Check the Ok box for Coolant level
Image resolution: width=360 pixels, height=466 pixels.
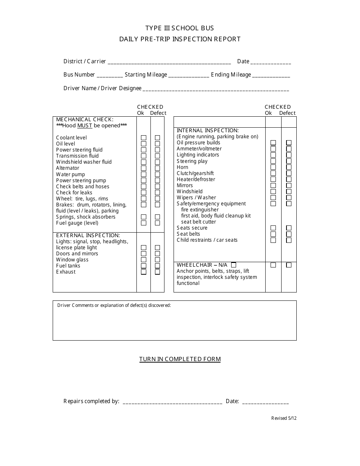144,138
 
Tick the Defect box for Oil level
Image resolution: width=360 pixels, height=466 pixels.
157,144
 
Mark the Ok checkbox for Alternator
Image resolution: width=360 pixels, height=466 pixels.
144,168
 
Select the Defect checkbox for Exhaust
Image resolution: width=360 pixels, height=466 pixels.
157,272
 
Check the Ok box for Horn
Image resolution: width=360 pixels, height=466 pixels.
273,167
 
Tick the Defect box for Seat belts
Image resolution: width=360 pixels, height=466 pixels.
289,234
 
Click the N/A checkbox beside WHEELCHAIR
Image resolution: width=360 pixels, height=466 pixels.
233,265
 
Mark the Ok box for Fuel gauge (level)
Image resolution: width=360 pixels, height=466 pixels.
144,223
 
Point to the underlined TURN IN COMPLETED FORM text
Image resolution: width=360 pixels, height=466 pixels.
180,359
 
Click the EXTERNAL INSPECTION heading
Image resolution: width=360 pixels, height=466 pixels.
88,236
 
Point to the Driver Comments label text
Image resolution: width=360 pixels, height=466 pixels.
114,305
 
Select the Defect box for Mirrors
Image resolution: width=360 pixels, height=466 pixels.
289,186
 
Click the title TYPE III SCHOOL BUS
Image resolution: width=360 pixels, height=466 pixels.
180,28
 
